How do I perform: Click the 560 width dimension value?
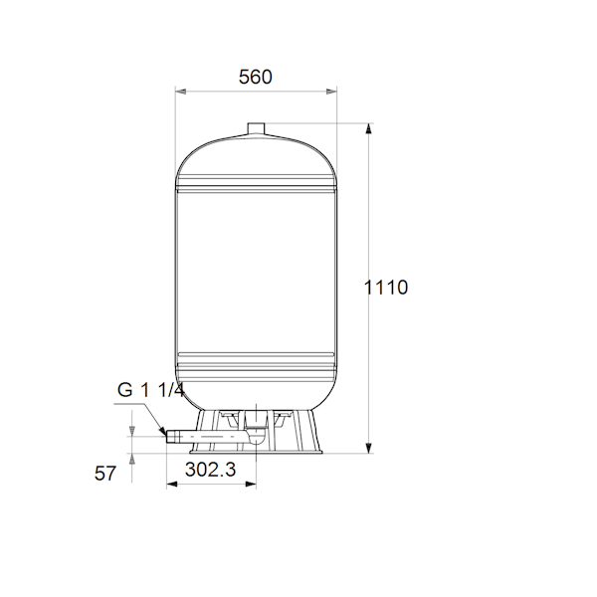[x=255, y=77]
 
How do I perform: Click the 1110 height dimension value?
[x=386, y=288]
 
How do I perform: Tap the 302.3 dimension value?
[x=211, y=470]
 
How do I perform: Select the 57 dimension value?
[x=104, y=474]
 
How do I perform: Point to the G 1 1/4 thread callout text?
[x=151, y=390]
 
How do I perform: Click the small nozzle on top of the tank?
[x=256, y=128]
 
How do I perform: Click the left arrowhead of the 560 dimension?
[x=180, y=92]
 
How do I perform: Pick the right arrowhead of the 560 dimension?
[x=331, y=92]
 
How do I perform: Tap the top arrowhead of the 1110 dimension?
[x=368, y=128]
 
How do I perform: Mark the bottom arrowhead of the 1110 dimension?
[x=368, y=448]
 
